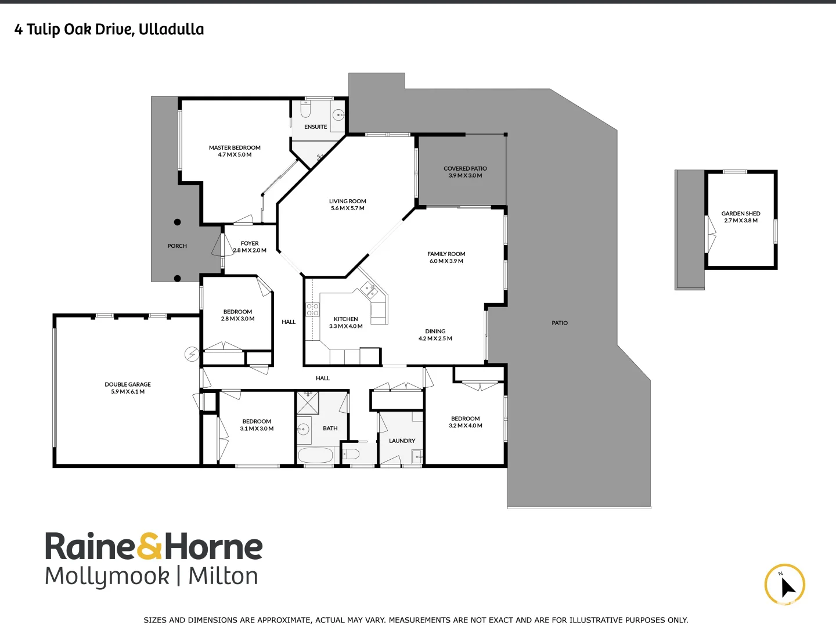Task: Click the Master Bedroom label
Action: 235,147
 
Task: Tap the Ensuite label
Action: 315,127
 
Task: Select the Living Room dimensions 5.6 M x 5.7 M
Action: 348,208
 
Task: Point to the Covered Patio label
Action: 465,168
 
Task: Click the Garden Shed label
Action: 741,214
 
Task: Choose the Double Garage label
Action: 128,384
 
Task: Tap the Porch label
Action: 177,246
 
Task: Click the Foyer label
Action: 250,243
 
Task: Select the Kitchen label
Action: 346,319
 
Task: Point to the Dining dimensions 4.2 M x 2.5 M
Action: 435,338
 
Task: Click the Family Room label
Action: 446,254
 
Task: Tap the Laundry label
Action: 402,441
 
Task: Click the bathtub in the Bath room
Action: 315,455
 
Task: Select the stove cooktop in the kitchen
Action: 312,309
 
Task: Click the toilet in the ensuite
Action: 306,109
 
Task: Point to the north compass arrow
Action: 787,587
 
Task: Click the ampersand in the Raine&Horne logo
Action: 150,547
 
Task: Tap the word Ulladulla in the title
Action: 171,29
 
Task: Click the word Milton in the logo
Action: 224,576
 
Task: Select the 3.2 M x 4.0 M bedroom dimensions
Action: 466,426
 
